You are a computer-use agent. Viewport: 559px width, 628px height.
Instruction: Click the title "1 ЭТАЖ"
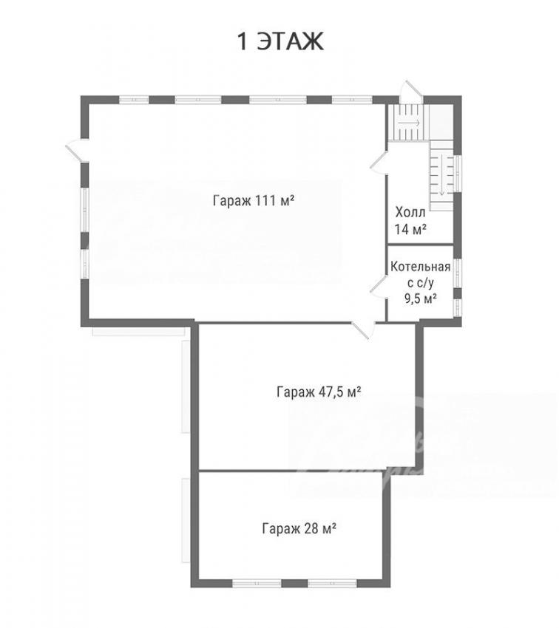[280, 41]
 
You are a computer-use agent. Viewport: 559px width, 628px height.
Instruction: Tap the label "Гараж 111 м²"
[254, 200]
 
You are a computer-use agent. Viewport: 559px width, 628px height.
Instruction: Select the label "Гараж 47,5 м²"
[319, 392]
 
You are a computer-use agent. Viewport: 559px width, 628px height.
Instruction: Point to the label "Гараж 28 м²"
[299, 528]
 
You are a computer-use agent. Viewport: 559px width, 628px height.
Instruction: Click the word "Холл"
[410, 212]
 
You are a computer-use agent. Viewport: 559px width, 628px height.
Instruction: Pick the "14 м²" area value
[410, 229]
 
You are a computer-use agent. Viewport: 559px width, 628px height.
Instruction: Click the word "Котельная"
[420, 266]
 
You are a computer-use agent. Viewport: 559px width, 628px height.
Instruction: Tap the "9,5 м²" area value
[420, 298]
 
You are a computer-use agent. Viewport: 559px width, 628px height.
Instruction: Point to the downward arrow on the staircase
[441, 174]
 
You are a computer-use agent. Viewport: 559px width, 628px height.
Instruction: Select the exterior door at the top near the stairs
[410, 92]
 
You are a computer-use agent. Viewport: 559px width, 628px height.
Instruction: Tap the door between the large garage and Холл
[379, 163]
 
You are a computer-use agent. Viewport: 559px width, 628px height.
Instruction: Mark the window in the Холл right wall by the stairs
[457, 174]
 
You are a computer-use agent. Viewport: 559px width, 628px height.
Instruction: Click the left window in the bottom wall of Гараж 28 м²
[257, 583]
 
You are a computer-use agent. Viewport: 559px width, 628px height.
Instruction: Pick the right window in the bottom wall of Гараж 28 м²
[332, 583]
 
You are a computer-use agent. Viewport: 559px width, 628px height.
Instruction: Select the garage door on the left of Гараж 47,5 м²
[186, 386]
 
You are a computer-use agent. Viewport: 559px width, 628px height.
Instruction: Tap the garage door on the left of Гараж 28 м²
[186, 520]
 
